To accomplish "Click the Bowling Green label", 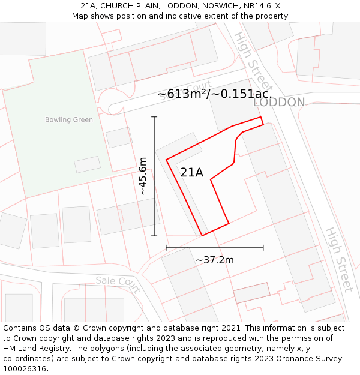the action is click(x=69, y=119).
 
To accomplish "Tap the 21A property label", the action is click(x=191, y=173).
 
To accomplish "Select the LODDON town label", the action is click(x=279, y=103).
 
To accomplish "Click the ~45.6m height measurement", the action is click(x=143, y=176).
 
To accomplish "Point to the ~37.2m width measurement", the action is click(x=215, y=260).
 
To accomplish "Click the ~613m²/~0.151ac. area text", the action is click(x=214, y=94).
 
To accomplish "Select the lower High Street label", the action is click(x=340, y=259).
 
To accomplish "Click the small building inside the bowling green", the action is click(x=88, y=164).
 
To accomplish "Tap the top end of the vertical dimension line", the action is click(x=154, y=116).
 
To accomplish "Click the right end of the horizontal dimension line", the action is click(x=263, y=247).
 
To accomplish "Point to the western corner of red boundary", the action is click(x=166, y=160).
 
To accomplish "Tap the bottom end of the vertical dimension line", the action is click(x=154, y=236).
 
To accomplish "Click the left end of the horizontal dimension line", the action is click(x=166, y=247).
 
